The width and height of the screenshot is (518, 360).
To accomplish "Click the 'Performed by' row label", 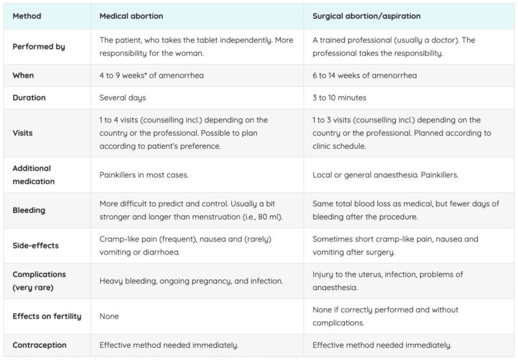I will (39, 47).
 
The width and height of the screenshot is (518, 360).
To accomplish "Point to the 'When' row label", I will (23, 75).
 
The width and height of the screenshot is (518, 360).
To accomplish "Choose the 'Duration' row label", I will (30, 98).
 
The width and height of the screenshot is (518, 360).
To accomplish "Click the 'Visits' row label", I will (23, 133).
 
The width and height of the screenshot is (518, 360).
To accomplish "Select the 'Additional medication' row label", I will (34, 174).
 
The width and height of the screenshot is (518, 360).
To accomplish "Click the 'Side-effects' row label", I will (36, 245).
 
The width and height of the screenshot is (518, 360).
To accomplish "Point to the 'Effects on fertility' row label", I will (47, 316).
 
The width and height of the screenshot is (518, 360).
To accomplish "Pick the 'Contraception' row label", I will (39, 345).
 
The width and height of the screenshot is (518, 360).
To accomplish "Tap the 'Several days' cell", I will (123, 98).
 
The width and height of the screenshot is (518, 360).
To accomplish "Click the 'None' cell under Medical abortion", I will (109, 316).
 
